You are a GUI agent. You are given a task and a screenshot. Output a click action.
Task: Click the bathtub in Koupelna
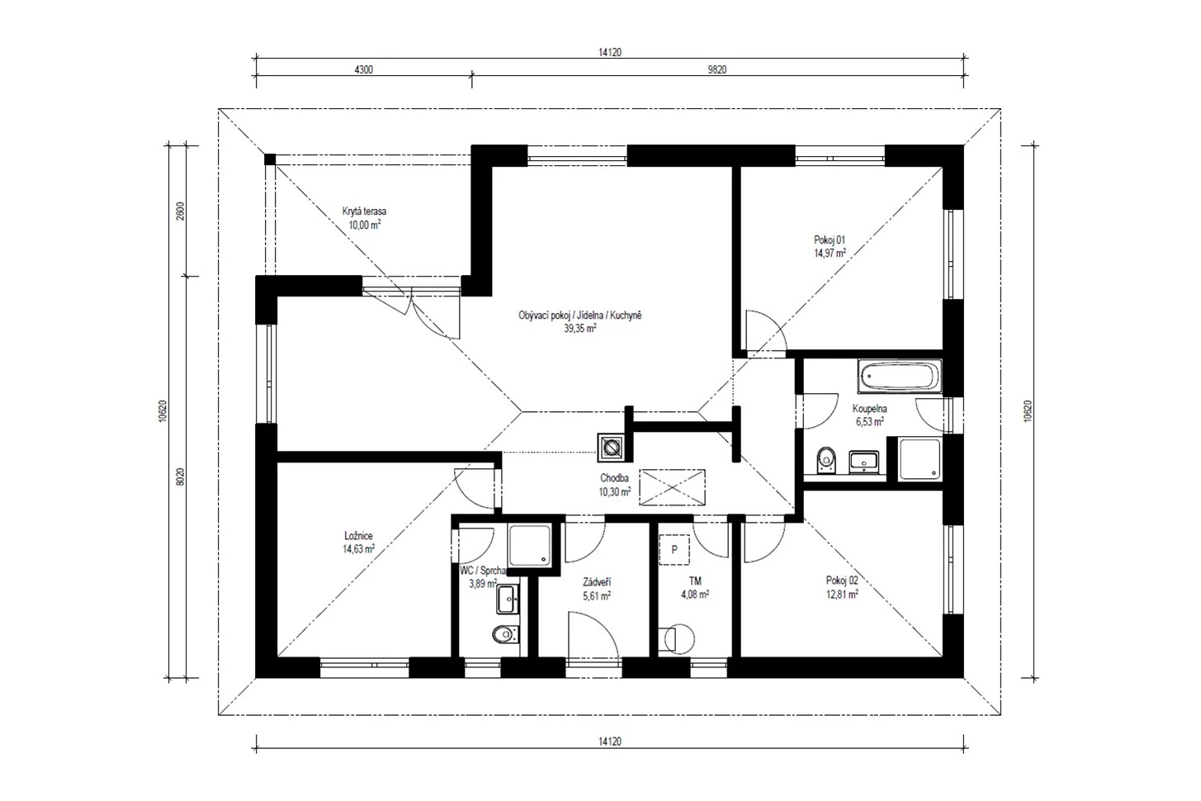[901, 376]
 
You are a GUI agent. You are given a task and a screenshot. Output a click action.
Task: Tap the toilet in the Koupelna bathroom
[827, 460]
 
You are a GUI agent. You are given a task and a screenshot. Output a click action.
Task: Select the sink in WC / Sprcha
[507, 599]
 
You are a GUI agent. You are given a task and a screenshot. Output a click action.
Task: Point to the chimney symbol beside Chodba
[611, 448]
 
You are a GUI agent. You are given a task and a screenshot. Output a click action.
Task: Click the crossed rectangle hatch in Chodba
[672, 487]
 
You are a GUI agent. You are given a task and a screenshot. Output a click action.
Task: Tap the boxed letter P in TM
[674, 549]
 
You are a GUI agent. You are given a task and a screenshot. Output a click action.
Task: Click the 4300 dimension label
[363, 69]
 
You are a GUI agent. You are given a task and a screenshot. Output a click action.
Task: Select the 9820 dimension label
[716, 69]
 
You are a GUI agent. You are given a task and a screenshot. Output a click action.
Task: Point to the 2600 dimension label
[180, 211]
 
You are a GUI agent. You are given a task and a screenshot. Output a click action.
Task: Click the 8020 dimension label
[180, 477]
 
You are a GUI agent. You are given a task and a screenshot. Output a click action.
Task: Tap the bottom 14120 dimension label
[610, 742]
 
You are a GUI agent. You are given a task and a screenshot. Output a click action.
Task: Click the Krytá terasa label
[364, 211]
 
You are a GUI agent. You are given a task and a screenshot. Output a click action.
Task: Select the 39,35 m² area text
[580, 329]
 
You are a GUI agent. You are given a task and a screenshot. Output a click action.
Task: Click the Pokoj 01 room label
[830, 239]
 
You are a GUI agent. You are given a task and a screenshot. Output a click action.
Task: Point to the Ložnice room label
[358, 535]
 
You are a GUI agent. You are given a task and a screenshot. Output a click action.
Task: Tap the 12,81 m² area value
[842, 594]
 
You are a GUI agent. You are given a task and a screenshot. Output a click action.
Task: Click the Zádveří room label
[597, 582]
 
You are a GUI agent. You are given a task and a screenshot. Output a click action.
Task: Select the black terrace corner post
[270, 159]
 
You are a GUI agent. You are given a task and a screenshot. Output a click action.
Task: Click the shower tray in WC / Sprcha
[530, 545]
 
